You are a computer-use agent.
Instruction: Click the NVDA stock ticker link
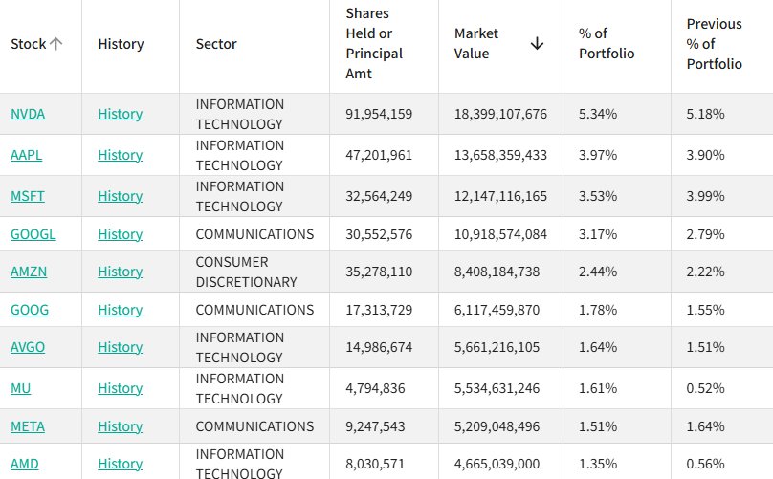point(28,114)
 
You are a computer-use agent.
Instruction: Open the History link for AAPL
point(121,155)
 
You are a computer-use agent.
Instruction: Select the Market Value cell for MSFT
point(500,196)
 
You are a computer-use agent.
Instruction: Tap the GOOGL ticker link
point(33,234)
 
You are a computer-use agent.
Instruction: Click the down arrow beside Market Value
point(537,43)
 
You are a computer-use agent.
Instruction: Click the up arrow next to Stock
point(55,44)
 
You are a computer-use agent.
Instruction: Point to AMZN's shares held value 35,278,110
point(379,272)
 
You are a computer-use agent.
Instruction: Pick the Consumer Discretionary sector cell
point(246,272)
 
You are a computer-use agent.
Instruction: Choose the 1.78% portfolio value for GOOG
point(598,310)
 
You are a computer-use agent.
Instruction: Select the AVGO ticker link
point(28,347)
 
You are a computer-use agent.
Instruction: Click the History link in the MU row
point(121,388)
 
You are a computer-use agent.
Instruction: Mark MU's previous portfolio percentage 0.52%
point(705,388)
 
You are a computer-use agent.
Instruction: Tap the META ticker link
point(28,426)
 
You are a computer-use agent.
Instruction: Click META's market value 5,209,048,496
point(497,426)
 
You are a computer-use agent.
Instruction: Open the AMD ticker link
point(25,464)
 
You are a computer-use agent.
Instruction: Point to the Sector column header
point(216,44)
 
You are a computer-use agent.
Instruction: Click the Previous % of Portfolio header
point(715,44)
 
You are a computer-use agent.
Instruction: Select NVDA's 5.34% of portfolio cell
point(598,114)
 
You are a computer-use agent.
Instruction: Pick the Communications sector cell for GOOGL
point(254,234)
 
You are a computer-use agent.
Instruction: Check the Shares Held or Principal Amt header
point(374,43)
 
